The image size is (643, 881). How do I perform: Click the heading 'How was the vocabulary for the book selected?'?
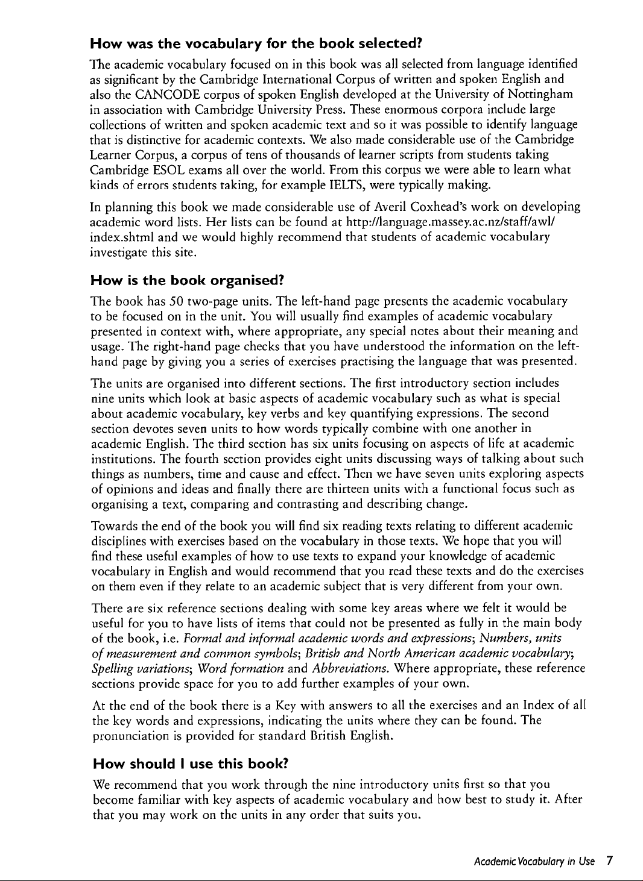tap(255, 44)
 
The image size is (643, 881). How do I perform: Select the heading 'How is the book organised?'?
tap(187, 280)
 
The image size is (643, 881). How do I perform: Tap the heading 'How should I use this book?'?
tap(191, 764)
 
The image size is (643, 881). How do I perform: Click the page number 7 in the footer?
tap(610, 861)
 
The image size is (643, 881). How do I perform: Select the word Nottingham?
tap(540, 94)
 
